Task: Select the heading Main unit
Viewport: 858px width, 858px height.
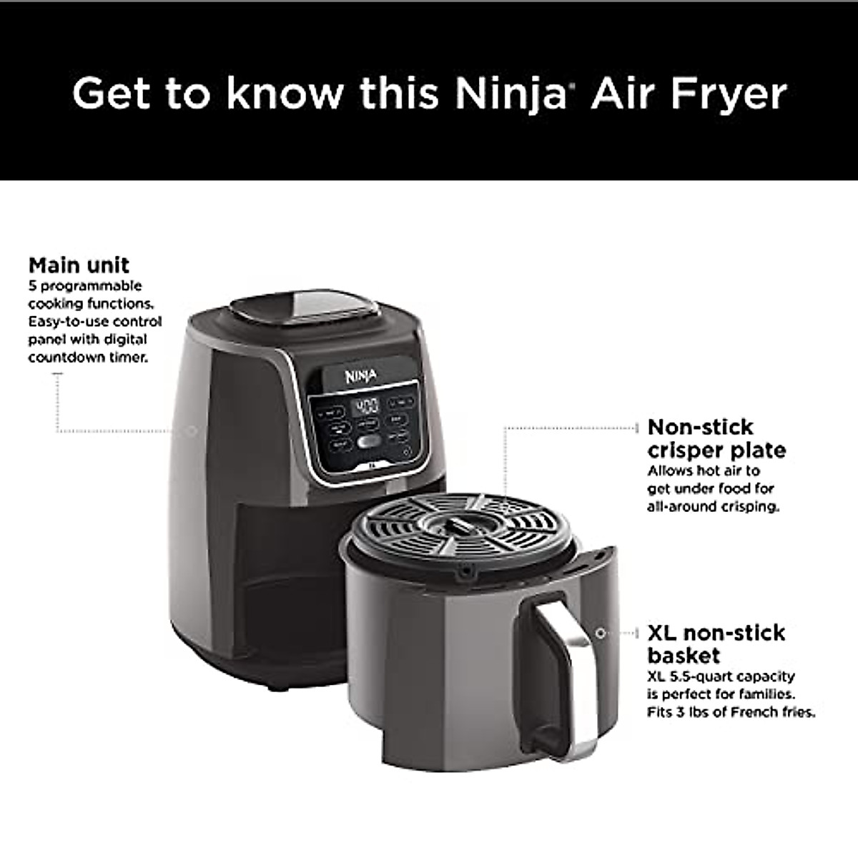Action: click(79, 265)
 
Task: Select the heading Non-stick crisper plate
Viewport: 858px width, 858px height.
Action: click(716, 438)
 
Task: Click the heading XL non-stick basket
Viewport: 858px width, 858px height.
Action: click(716, 643)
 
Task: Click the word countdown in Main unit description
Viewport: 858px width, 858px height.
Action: click(64, 357)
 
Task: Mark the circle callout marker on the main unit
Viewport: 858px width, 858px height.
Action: click(191, 431)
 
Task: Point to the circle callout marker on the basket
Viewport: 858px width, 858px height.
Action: click(601, 633)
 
